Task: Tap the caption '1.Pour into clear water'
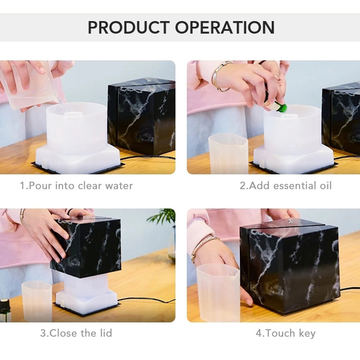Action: tap(76, 186)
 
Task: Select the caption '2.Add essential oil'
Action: tap(285, 186)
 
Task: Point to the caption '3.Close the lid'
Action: tap(76, 333)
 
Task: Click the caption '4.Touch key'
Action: tap(285, 333)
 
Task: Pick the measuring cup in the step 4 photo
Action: tap(218, 292)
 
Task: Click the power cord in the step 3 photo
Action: tap(144, 300)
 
